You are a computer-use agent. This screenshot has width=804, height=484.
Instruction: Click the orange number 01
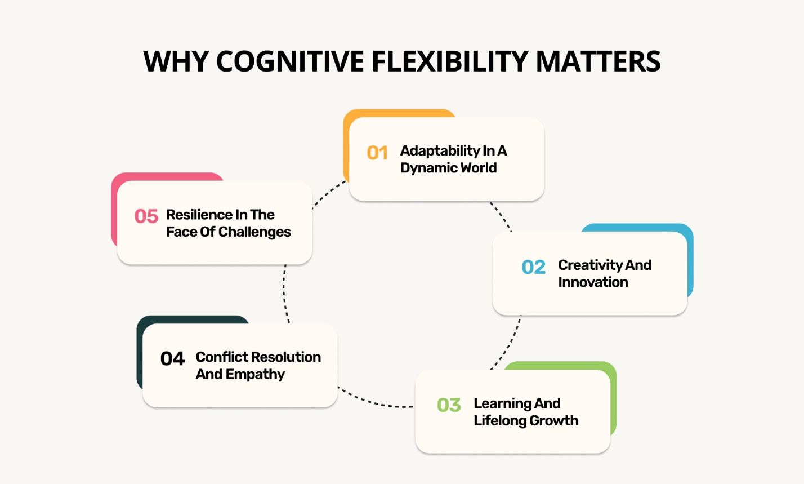(x=377, y=153)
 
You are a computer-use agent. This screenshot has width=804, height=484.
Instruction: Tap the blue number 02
(x=534, y=267)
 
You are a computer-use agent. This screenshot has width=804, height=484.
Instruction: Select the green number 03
(x=449, y=405)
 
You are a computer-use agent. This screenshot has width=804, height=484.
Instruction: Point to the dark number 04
(x=172, y=359)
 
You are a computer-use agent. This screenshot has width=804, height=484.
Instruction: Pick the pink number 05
(x=146, y=216)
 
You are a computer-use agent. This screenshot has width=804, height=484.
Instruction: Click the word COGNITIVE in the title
(x=289, y=61)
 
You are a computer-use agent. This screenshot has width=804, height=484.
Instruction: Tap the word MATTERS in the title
(x=598, y=61)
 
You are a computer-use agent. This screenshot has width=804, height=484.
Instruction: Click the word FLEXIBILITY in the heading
(x=450, y=61)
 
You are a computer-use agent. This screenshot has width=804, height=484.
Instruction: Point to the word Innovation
(x=593, y=282)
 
